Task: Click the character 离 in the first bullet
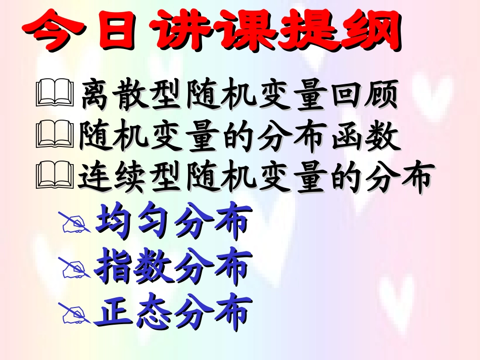(99, 94)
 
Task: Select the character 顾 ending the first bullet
(378, 94)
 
